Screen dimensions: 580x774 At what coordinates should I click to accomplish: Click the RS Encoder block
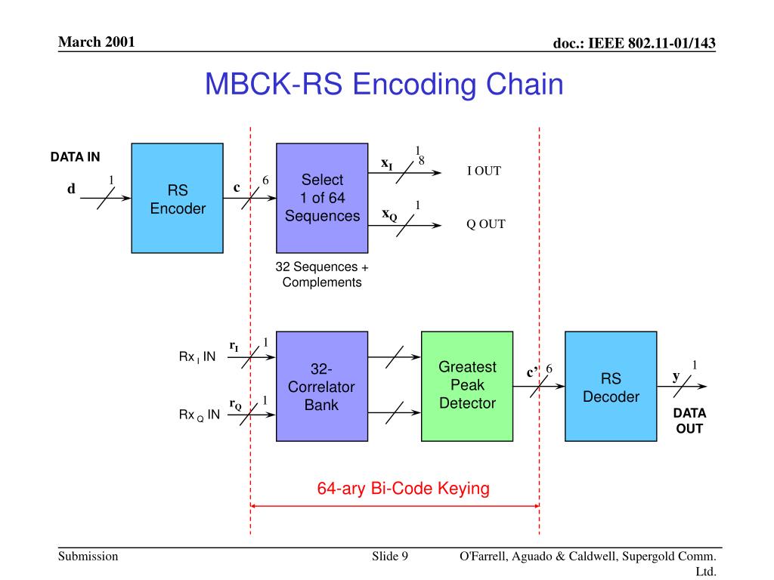(x=178, y=198)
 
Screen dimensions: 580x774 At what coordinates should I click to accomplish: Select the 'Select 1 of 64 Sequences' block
(x=322, y=198)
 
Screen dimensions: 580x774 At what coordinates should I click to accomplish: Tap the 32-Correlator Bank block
(x=322, y=387)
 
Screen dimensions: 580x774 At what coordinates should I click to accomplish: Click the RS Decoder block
(x=611, y=387)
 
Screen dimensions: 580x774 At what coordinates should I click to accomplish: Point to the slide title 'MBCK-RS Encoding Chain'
(x=384, y=84)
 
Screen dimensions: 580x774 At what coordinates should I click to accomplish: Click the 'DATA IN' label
(x=75, y=157)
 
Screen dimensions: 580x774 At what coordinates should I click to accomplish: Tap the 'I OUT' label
(x=484, y=171)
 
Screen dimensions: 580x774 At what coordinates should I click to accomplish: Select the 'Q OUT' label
(x=485, y=224)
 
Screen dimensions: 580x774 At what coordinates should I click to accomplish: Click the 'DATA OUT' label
(x=689, y=421)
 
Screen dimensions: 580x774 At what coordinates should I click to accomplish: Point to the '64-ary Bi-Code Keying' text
(x=403, y=489)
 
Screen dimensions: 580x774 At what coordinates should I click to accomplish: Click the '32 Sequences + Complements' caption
(x=322, y=275)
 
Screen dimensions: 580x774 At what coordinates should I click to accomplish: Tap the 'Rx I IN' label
(x=197, y=357)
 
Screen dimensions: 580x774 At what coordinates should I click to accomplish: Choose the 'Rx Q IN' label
(x=199, y=414)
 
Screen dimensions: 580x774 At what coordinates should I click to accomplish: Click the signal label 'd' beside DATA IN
(x=71, y=189)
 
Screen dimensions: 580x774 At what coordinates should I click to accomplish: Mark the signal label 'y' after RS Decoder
(x=676, y=375)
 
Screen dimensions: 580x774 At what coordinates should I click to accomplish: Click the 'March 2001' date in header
(x=97, y=42)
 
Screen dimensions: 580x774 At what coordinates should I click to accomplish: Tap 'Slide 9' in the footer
(x=390, y=557)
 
